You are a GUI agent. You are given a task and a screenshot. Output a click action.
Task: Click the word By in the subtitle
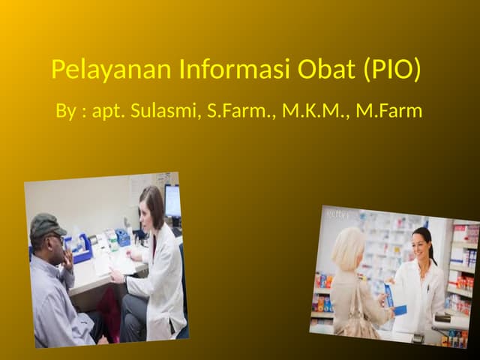[x=66, y=111]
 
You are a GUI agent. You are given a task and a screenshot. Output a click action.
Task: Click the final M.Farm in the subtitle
[x=389, y=111]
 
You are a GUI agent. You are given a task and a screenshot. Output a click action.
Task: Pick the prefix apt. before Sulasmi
[x=107, y=111]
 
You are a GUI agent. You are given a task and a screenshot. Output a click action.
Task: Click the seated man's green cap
[x=46, y=224]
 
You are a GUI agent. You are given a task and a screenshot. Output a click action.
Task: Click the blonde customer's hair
[x=349, y=247]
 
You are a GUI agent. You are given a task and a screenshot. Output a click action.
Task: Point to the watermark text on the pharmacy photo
[x=337, y=214]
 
